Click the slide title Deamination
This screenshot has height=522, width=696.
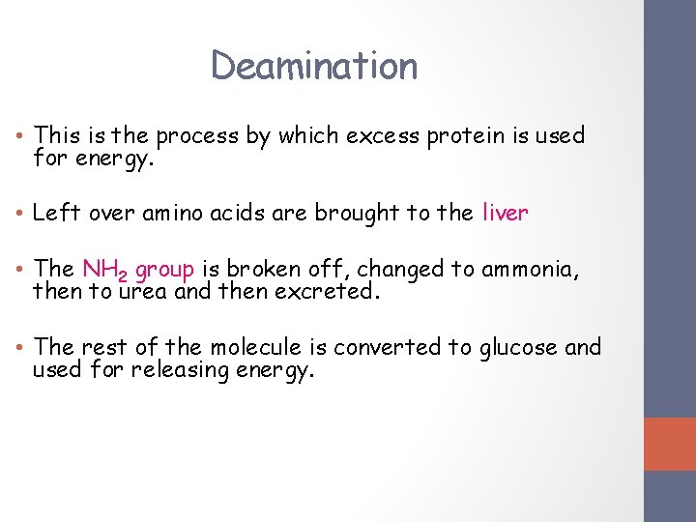pyautogui.click(x=314, y=66)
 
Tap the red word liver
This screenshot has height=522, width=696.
pyautogui.click(x=505, y=213)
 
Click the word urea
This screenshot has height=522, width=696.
pyautogui.click(x=143, y=291)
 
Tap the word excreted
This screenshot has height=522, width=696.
pyautogui.click(x=326, y=290)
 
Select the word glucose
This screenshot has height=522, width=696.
pyautogui.click(x=518, y=347)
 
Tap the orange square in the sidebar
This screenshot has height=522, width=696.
pyautogui.click(x=670, y=444)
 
